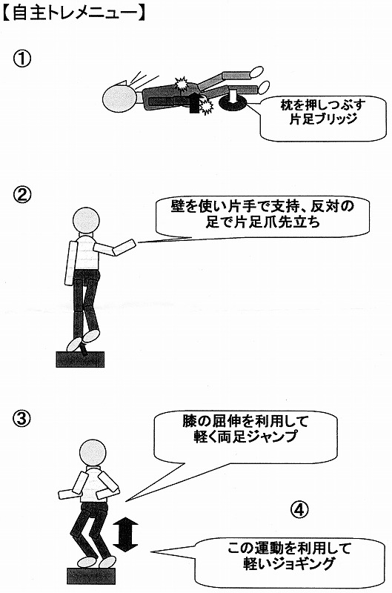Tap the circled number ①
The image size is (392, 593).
point(22,59)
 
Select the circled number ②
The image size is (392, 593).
point(22,196)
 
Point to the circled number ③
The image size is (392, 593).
point(22,419)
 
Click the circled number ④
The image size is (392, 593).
point(299,509)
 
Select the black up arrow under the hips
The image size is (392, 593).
point(194,103)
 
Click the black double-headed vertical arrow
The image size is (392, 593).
point(125,535)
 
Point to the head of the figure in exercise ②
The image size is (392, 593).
point(86,221)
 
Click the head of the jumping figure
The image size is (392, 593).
point(93,454)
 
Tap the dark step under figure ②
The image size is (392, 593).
point(80,360)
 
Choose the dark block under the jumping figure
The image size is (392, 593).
point(91,576)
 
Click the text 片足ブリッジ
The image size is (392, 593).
point(323,119)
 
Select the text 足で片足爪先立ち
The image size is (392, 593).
point(263,222)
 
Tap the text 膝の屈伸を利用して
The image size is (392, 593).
point(245,421)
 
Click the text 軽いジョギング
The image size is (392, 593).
point(289,564)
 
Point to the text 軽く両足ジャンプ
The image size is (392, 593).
point(245,437)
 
